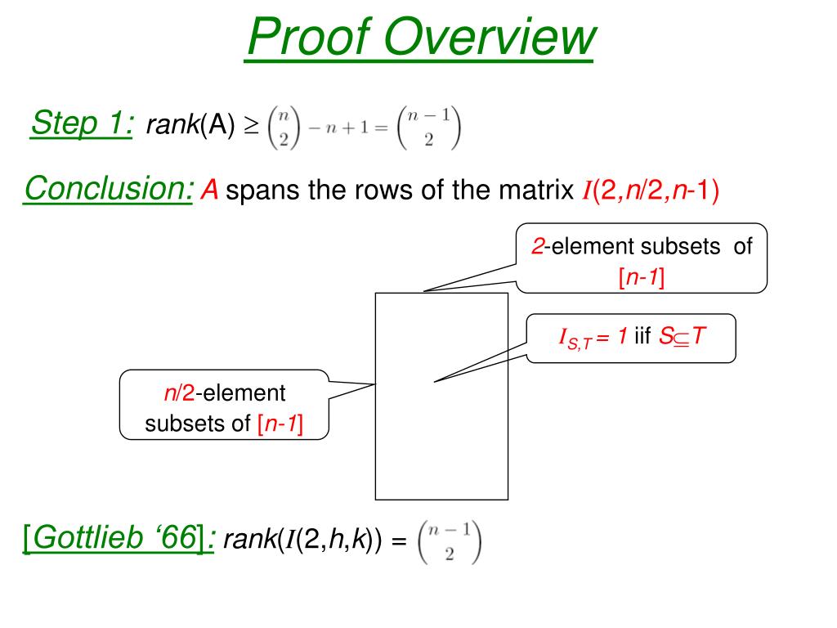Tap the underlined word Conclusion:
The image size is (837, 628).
pos(109,190)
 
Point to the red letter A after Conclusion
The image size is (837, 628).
pos(210,191)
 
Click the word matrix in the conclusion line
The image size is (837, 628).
pos(534,191)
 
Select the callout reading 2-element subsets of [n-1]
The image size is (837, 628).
pos(642,258)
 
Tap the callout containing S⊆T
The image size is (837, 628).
pos(630,336)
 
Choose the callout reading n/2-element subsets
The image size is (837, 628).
pos(224,406)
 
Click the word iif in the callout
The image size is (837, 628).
pos(642,336)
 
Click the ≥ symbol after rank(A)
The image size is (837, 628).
pos(252,126)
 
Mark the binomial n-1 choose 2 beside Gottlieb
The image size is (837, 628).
pos(450,541)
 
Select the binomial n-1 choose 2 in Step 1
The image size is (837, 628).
pos(427,127)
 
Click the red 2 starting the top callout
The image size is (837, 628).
pos(538,246)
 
